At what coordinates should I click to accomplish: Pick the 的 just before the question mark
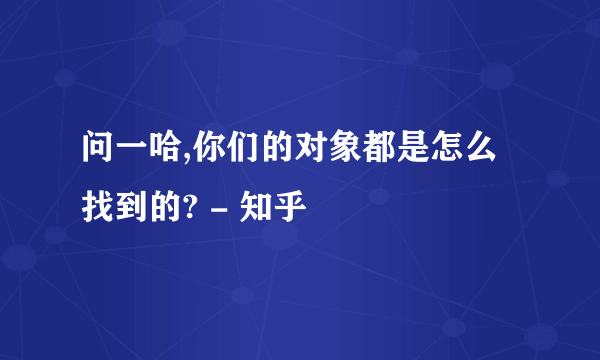pos(158,208)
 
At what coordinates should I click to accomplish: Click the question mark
pos(181,208)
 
